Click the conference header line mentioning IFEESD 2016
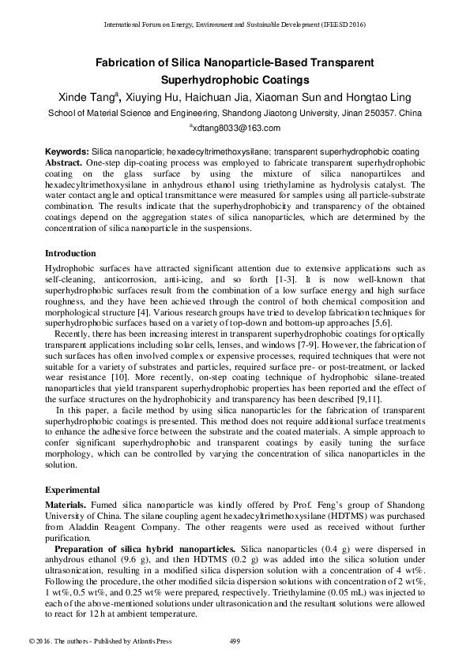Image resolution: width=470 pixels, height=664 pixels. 235,24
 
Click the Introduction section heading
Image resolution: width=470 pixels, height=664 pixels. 70,254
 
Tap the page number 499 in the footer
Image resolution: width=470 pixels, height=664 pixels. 235,640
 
